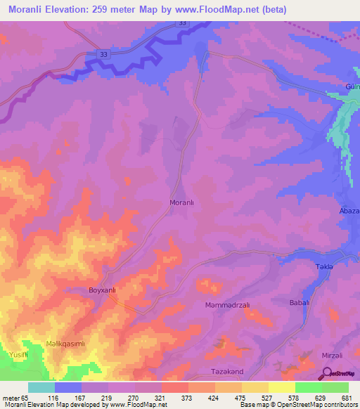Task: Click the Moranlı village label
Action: coord(182,202)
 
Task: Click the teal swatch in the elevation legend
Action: coord(41,387)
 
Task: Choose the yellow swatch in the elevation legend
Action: coord(281,387)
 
